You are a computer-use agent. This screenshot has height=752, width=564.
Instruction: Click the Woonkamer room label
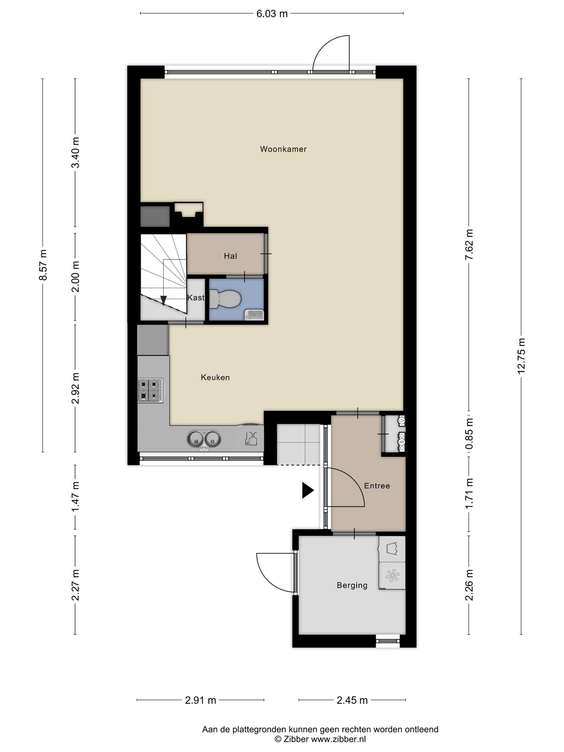pos(283,149)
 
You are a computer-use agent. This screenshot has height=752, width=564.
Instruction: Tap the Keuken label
pos(215,377)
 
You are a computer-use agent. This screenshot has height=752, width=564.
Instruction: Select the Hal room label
pos(231,256)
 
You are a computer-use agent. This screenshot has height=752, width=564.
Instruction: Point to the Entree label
pos(377,486)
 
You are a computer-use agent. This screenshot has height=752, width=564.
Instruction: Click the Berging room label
pos(352,585)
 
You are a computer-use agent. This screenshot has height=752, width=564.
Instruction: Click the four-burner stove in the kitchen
pos(151,390)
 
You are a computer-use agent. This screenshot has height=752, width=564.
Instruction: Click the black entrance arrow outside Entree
pos(308,490)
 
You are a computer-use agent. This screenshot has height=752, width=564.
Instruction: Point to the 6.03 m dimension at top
pos(272,14)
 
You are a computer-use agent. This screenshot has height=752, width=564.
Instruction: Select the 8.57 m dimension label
pos(43,265)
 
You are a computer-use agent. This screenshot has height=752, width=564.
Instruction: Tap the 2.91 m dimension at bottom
pos(200,700)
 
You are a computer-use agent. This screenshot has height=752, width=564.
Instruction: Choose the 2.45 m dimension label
pos(352,700)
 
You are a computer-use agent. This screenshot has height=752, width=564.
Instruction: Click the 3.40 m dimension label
pos(75,152)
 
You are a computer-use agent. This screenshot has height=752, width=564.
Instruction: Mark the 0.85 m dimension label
pos(469,435)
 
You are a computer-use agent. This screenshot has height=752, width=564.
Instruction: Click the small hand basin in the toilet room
pos(254,315)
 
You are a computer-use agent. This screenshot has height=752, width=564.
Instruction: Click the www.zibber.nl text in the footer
pos(339,740)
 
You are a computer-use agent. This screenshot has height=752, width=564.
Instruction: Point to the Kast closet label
pos(196,297)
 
